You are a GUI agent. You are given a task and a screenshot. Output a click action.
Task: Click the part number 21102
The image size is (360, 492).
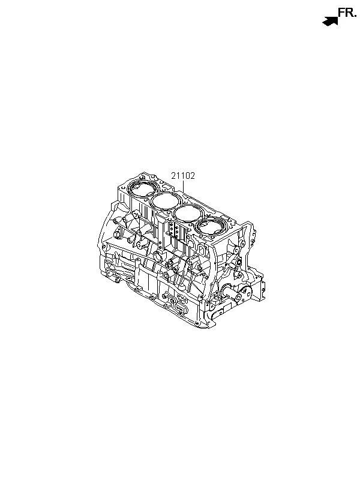click(x=183, y=176)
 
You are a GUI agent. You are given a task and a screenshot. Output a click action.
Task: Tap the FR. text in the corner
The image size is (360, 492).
click(x=347, y=13)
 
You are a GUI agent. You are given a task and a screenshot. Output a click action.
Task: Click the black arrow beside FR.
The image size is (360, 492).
click(x=330, y=22)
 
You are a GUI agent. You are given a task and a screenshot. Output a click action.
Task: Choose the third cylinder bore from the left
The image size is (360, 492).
click(x=188, y=213)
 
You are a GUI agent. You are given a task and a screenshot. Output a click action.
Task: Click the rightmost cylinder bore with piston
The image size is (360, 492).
click(x=212, y=226)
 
